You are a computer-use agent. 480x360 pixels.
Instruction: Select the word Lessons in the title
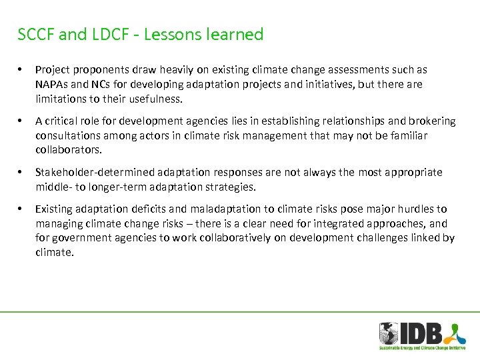pos(171,35)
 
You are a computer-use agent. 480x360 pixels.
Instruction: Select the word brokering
pos(431,121)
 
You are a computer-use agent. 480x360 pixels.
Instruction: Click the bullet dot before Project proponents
pos(21,70)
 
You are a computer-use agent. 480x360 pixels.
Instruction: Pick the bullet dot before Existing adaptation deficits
pos(21,209)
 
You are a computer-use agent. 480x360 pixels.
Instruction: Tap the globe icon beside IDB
pos(389,333)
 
